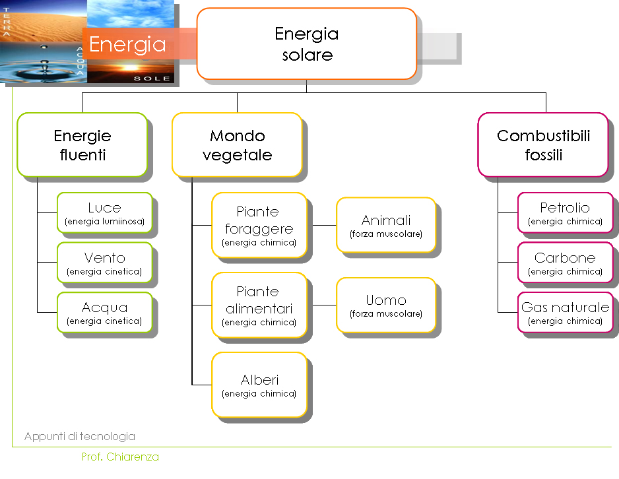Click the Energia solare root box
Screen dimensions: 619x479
[x=307, y=44]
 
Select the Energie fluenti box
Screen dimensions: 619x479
[x=82, y=144]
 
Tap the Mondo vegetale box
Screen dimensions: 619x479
[x=238, y=144]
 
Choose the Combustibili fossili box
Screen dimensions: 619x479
[x=543, y=144]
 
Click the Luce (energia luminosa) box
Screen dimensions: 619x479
[x=105, y=212]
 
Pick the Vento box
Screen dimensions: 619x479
[x=105, y=263]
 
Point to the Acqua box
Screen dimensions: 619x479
[x=105, y=313]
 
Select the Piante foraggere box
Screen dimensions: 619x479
[x=259, y=225]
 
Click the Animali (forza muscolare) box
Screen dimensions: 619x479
[x=386, y=225]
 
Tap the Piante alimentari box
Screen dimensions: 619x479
[x=259, y=305]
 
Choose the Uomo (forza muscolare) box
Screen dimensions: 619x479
[x=386, y=305]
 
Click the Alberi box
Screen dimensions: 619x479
[x=259, y=385]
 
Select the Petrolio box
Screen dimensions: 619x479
[x=566, y=212]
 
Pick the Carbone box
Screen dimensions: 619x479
[x=566, y=263]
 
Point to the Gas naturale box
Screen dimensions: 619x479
[x=566, y=313]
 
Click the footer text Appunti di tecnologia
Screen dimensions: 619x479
[x=80, y=436]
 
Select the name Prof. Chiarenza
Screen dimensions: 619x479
[x=120, y=457]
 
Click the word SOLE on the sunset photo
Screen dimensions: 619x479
[x=152, y=78]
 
